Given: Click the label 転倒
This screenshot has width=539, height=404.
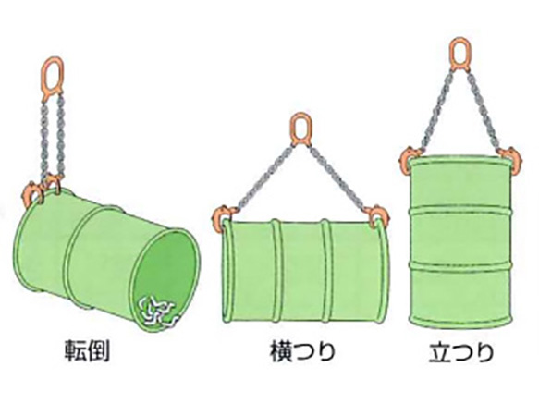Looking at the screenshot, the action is (x=87, y=351).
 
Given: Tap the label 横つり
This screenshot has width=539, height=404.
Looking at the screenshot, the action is (x=302, y=351).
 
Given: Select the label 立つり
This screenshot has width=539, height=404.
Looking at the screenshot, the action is (x=461, y=351).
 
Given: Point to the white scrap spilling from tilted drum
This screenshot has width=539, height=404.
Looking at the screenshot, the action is (x=158, y=312).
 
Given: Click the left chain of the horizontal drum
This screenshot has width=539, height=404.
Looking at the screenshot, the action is (x=264, y=178).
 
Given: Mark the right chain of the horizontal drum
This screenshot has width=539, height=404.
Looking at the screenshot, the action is (x=337, y=178).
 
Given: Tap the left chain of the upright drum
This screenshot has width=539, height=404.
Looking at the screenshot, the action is (x=435, y=110).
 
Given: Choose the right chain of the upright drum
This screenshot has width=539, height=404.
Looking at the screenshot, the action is (x=484, y=110).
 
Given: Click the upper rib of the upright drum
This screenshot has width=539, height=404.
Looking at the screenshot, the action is (x=459, y=211).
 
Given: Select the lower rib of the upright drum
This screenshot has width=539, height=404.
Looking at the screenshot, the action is (x=459, y=265).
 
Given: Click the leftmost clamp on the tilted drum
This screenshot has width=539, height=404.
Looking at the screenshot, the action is (x=31, y=196).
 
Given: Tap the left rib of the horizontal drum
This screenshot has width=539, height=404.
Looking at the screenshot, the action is (x=276, y=272).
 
